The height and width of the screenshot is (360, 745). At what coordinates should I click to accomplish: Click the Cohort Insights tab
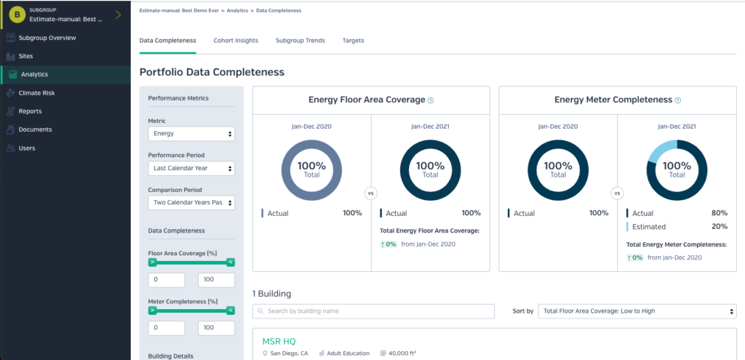[x=236, y=41]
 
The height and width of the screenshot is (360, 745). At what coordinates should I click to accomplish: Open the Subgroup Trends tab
[x=300, y=41]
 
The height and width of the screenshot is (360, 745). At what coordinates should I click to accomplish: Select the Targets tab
[x=353, y=41]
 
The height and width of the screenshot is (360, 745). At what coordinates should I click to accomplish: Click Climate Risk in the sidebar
[x=37, y=93]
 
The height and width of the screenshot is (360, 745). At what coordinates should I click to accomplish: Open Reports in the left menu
[x=30, y=111]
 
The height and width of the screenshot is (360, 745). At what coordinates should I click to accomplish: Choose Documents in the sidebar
[x=35, y=129]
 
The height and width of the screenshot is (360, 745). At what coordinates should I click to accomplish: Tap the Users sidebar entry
[x=27, y=148]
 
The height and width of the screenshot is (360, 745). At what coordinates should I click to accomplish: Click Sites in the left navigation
[x=25, y=56]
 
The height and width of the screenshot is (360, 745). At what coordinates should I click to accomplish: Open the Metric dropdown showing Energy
[x=191, y=134]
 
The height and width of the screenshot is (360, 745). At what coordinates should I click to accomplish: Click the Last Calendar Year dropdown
[x=191, y=168]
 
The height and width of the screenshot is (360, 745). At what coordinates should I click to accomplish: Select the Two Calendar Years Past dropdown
[x=191, y=203]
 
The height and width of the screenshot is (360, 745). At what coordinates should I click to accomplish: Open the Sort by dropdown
[x=637, y=311]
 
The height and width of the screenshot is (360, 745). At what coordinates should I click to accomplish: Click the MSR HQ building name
[x=279, y=341]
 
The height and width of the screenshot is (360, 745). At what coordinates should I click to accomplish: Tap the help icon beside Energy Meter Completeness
[x=678, y=100]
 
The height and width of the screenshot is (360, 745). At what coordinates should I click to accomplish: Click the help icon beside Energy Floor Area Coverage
[x=431, y=100]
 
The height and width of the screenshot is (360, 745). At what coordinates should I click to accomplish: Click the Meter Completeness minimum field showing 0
[x=167, y=328]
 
